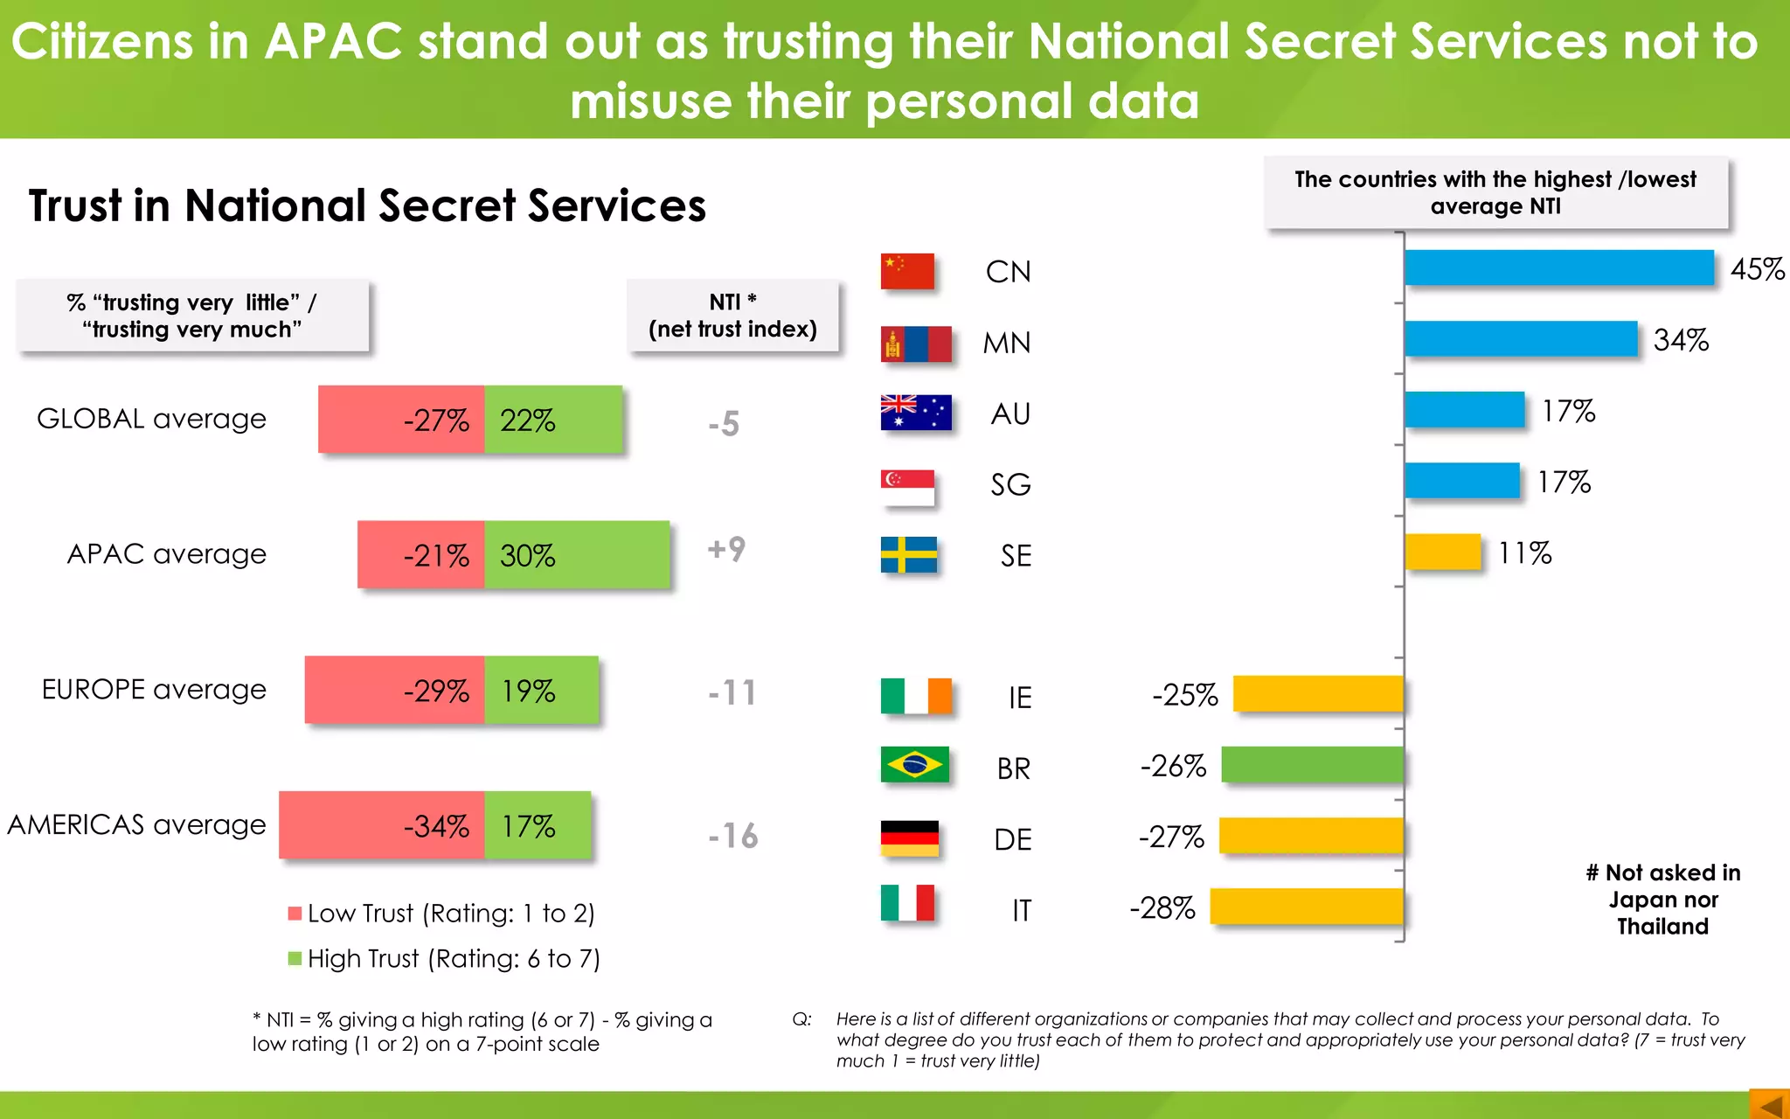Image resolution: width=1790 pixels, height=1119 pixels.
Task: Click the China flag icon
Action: click(907, 272)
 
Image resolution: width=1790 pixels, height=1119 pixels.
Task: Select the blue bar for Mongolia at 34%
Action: click(1521, 339)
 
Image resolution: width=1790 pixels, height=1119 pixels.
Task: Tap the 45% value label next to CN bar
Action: click(1757, 269)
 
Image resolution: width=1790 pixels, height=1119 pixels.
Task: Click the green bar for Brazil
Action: click(1312, 765)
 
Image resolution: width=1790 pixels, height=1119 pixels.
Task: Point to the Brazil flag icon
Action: click(914, 765)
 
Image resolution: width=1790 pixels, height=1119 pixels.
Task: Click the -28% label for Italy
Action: click(1162, 908)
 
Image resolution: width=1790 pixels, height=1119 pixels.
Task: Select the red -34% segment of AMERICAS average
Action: click(382, 825)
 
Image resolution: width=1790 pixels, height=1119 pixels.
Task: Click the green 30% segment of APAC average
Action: click(577, 554)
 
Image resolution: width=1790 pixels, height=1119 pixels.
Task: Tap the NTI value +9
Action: click(726, 549)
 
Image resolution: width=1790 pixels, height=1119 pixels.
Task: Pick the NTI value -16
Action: click(732, 836)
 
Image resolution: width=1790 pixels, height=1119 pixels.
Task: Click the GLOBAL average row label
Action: click(151, 419)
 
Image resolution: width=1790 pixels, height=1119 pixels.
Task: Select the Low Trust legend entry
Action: click(441, 914)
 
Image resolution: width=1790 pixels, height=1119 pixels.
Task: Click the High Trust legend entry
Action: click(444, 959)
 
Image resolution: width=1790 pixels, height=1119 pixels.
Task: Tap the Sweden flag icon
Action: click(908, 555)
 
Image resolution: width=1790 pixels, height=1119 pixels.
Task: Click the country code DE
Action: click(1012, 840)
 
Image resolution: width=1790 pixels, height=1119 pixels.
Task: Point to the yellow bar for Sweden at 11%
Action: click(1443, 553)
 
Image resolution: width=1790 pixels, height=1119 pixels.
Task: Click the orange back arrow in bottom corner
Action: click(1770, 1105)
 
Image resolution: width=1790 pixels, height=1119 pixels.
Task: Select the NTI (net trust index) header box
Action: click(732, 316)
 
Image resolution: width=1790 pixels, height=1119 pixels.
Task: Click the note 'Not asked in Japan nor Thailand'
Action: click(1662, 900)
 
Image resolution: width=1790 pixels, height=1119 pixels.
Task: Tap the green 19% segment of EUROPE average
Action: click(541, 690)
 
